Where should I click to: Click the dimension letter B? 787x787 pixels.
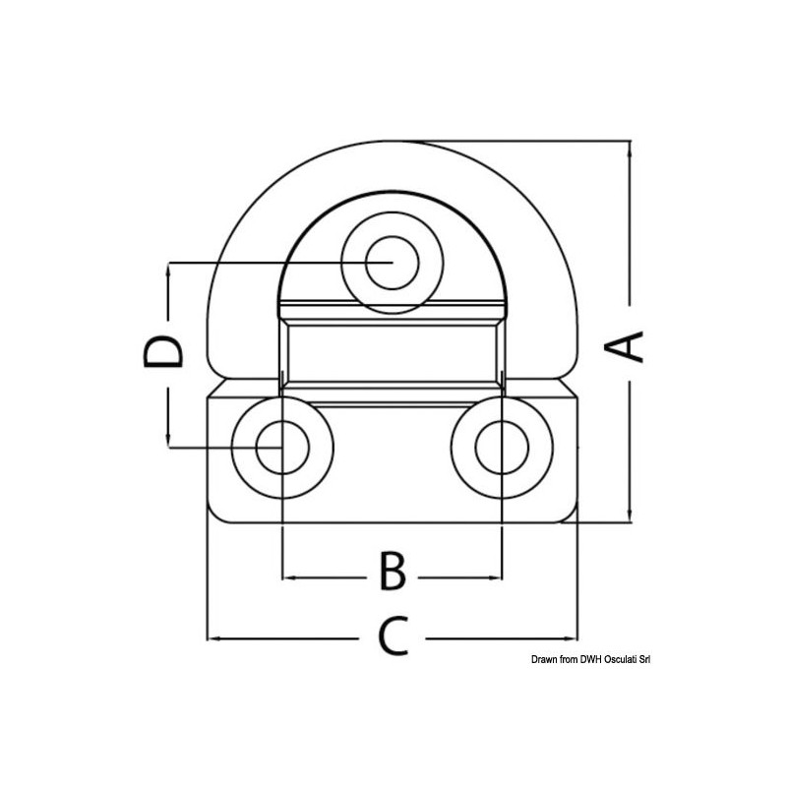392,572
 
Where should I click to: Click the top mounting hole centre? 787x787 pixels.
392,263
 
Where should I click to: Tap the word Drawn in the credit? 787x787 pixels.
546,660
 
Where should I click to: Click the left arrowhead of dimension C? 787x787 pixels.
212,638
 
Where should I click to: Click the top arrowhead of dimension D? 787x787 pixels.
169,269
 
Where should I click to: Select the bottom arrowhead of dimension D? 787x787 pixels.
169,442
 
